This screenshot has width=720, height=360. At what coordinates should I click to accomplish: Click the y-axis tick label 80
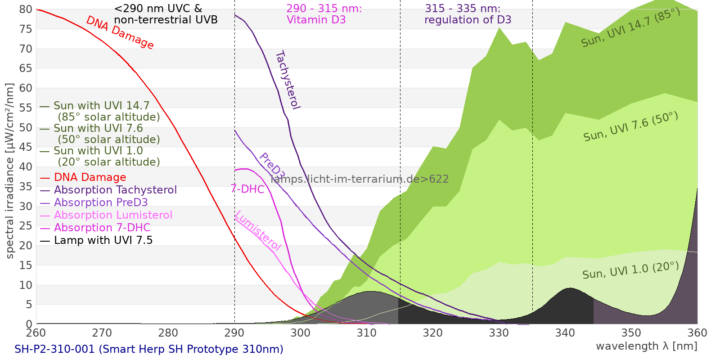point(26,9)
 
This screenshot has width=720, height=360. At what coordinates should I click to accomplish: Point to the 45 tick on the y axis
point(26,147)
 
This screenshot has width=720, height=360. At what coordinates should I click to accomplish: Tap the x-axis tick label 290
point(234,333)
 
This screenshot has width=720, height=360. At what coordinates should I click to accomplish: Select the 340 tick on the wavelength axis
point(565,333)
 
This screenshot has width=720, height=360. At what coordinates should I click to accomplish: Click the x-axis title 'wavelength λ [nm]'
point(647,346)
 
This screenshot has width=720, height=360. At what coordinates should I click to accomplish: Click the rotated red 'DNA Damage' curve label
point(120,32)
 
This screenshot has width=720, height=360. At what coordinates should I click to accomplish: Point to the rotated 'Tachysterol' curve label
point(288,80)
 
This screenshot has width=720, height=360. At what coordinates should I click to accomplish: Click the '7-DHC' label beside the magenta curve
point(247,189)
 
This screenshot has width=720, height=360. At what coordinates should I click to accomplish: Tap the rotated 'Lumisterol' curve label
point(258,230)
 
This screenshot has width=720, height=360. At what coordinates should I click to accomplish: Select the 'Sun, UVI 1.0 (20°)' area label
point(630,270)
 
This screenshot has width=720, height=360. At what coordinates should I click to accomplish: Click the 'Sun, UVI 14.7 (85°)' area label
point(630,27)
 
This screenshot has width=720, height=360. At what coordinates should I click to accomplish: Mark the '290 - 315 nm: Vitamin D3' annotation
point(324,14)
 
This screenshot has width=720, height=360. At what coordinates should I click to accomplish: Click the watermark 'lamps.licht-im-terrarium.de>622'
point(360,179)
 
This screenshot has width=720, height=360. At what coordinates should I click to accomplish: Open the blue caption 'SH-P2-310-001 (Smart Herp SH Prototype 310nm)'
point(149,349)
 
